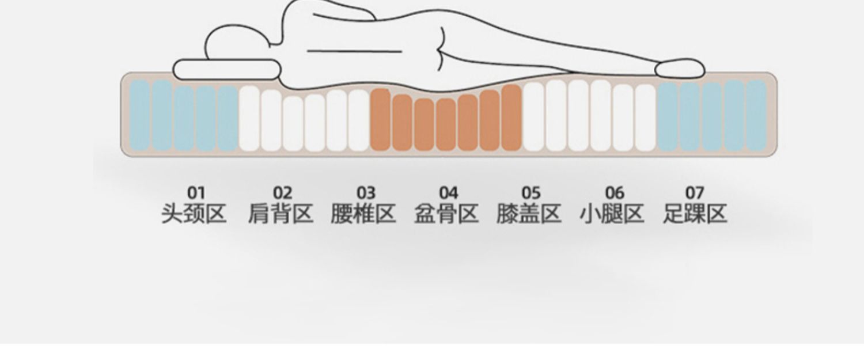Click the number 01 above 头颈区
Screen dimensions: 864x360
pyautogui.click(x=196, y=193)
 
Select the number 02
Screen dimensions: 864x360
pyautogui.click(x=282, y=193)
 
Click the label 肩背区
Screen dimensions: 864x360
pyautogui.click(x=281, y=214)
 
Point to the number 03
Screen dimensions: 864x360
pyautogui.click(x=365, y=193)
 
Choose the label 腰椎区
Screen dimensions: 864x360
pyautogui.click(x=363, y=214)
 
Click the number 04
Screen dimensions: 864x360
pyautogui.click(x=448, y=193)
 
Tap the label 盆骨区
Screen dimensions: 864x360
pyautogui.click(x=446, y=214)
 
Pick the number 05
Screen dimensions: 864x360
pyautogui.click(x=531, y=193)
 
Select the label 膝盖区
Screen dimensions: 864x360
pyautogui.click(x=529, y=214)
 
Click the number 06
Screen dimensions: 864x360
pyautogui.click(x=614, y=193)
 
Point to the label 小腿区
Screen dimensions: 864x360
pyautogui.click(x=612, y=214)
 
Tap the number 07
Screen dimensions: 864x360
pyautogui.click(x=695, y=193)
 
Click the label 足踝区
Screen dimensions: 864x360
pyautogui.click(x=695, y=214)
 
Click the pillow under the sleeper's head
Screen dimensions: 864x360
pyautogui.click(x=225, y=69)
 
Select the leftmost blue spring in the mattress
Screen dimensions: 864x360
pyautogui.click(x=140, y=115)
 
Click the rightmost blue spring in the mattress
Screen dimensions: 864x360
pyautogui.click(x=756, y=115)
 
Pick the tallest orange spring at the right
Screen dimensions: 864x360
pyautogui.click(x=511, y=118)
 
